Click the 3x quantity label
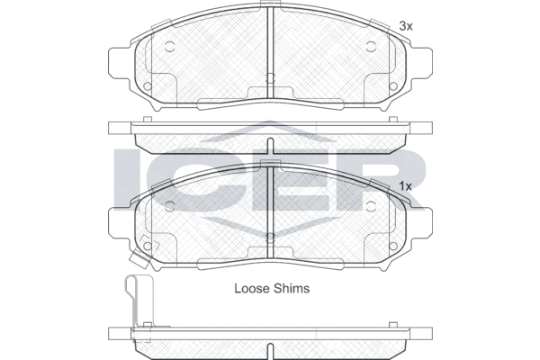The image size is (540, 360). click(x=406, y=26)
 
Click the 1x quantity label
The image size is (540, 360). click(x=405, y=186)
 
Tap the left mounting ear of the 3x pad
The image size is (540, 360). click(x=119, y=63)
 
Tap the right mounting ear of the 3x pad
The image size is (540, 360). click(x=422, y=63)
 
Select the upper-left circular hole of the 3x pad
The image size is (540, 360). click(x=169, y=47)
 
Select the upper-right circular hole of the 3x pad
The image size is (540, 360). click(x=371, y=47)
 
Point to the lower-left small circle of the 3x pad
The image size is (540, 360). click(x=148, y=86)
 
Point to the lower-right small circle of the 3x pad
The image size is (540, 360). click(x=393, y=86)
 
